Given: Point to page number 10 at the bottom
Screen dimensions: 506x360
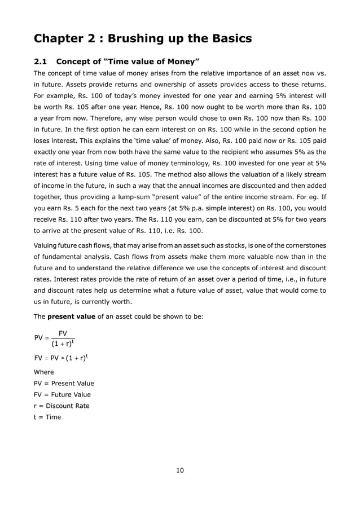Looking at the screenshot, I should [180, 470].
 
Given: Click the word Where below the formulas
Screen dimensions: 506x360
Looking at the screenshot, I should [44, 372].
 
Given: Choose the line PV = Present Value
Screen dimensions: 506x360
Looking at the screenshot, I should [64, 383].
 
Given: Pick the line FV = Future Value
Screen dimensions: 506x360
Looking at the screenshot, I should [62, 394].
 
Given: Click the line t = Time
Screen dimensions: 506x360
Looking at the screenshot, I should [47, 417].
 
